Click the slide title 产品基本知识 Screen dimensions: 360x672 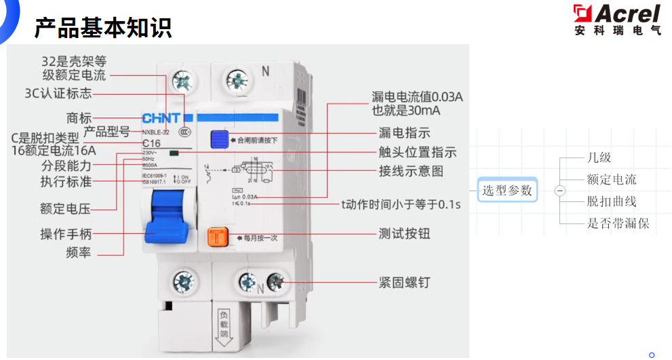click(102, 28)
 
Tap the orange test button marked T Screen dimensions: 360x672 click(217, 237)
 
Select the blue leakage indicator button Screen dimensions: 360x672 click(218, 140)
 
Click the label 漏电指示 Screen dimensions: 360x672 click(404, 133)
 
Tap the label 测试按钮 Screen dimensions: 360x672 click(404, 234)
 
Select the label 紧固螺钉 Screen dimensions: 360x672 click(404, 282)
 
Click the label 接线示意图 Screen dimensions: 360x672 click(411, 171)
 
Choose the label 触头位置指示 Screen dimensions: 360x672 click(417, 152)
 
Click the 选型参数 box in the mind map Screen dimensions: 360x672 click(507, 191)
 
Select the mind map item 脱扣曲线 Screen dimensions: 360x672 click(612, 201)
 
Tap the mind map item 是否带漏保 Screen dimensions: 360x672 click(618, 222)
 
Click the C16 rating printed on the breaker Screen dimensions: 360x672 click(151, 143)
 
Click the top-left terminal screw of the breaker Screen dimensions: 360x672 click(182, 82)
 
